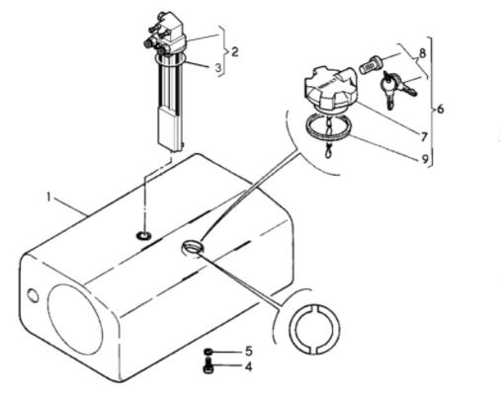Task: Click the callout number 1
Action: [x=48, y=198]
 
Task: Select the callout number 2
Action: [x=234, y=52]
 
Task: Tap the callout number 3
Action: [x=218, y=68]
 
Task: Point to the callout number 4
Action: [x=248, y=366]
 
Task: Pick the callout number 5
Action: [x=249, y=351]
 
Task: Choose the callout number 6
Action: [x=441, y=109]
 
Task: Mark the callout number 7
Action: [x=424, y=136]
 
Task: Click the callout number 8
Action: [x=422, y=53]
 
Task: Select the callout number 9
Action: [x=425, y=159]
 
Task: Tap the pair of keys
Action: [x=397, y=88]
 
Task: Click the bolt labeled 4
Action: [x=209, y=367]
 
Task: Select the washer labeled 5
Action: [x=208, y=352]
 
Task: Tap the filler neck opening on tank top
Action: [x=193, y=247]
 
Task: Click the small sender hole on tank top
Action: [x=143, y=236]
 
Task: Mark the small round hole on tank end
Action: [x=33, y=295]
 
